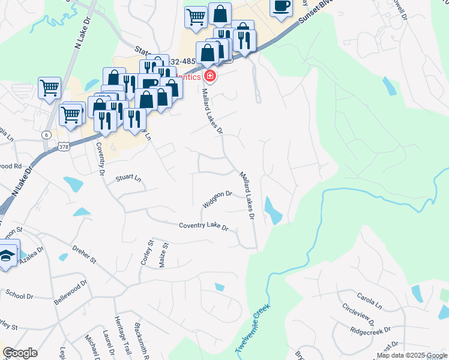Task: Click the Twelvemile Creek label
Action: pyautogui.click(x=253, y=329)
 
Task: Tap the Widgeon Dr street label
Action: pyautogui.click(x=217, y=199)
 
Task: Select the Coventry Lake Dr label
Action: pyautogui.click(x=204, y=227)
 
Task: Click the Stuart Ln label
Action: pyautogui.click(x=128, y=178)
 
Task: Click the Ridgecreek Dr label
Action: pyautogui.click(x=370, y=331)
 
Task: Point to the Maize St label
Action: pyautogui.click(x=166, y=254)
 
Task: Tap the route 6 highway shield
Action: pyautogui.click(x=46, y=135)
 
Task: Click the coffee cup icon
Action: pyautogui.click(x=281, y=7)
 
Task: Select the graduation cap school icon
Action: pyautogui.click(x=7, y=255)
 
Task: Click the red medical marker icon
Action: pyautogui.click(x=210, y=76)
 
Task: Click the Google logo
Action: pyautogui.click(x=20, y=353)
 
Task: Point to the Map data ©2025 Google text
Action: pyautogui.click(x=412, y=355)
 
